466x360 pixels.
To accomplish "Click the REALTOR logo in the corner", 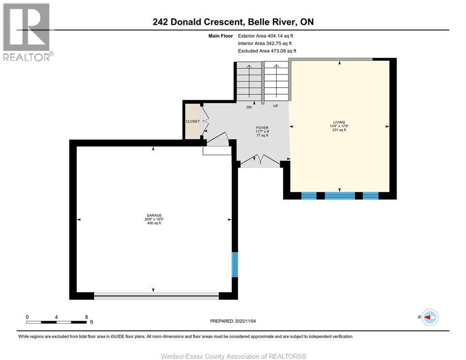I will coord(27,32).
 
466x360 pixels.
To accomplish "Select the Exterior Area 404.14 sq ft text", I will coord(266,36).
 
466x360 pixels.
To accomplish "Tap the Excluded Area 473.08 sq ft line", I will coord(267,51).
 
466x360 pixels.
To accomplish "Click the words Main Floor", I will coord(220,36).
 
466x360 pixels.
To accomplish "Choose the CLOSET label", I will coord(193,121).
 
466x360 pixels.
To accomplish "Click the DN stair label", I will coord(249,107).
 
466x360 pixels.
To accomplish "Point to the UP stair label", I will coord(275,106).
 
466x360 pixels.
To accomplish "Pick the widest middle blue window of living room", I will coord(339,195).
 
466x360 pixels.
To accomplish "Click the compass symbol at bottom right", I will coord(429,317).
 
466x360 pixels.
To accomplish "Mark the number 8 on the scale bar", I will coord(86,317).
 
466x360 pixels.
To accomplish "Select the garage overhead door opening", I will coord(156,295).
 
